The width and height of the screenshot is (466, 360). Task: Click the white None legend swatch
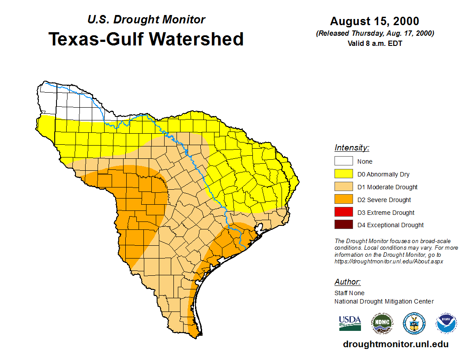[343, 161]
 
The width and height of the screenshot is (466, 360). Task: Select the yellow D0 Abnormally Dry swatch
[343, 174]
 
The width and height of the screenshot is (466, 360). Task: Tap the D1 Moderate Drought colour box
[343, 187]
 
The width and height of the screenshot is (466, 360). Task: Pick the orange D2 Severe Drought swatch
[343, 200]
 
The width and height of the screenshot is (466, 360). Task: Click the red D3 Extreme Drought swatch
[343, 212]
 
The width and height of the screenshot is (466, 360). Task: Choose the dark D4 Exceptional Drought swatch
[343, 225]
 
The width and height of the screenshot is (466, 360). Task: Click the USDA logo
[350, 323]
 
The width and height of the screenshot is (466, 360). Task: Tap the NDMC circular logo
[382, 323]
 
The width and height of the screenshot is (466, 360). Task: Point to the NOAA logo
[446, 323]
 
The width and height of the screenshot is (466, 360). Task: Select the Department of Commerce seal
[414, 323]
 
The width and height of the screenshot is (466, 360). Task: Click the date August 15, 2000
[375, 21]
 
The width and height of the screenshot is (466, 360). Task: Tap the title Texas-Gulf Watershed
[146, 39]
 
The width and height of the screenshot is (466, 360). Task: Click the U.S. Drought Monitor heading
[146, 20]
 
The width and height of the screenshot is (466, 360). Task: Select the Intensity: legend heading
[352, 148]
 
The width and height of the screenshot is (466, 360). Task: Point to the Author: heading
[347, 282]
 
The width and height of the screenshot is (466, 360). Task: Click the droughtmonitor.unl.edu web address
[395, 345]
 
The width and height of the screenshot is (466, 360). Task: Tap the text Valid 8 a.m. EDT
[375, 43]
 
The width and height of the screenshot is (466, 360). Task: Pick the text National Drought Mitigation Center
[384, 301]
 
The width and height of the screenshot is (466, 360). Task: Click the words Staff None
[349, 293]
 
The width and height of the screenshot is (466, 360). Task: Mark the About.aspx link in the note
[388, 261]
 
